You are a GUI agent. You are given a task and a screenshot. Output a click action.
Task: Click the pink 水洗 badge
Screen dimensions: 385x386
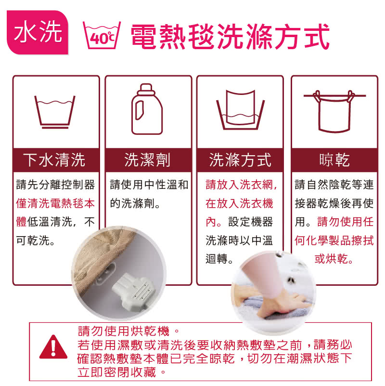tap(38, 32)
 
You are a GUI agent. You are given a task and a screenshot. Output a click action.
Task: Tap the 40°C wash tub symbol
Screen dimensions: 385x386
tap(102, 35)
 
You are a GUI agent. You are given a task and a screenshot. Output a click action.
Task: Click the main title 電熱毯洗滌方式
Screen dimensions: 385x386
tap(230, 37)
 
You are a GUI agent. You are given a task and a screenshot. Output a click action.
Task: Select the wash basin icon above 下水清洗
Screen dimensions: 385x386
tap(55, 112)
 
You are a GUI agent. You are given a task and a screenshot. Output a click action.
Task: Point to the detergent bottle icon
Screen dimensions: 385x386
tap(147, 109)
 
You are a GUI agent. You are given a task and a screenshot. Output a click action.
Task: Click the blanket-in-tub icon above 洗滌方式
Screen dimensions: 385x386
tap(240, 110)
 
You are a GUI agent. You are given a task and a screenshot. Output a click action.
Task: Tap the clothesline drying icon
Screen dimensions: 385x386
tap(334, 111)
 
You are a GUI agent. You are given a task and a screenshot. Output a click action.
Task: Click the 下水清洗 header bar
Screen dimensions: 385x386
tap(56, 160)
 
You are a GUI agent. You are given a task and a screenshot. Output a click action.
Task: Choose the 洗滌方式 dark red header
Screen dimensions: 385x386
tap(240, 160)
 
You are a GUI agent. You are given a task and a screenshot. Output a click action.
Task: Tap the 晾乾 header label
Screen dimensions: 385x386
tap(334, 160)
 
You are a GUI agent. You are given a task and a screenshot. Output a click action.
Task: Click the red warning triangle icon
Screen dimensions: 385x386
tap(53, 346)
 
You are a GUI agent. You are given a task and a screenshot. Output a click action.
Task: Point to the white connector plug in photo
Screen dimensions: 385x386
tap(134, 291)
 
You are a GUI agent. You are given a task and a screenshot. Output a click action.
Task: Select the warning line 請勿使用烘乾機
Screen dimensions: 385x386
tap(128, 331)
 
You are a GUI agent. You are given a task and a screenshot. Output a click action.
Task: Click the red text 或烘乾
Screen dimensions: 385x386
tap(334, 259)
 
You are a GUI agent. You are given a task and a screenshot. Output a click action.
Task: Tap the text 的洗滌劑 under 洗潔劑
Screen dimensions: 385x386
tap(135, 203)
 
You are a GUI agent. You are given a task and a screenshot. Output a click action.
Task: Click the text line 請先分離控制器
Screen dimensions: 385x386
tap(55, 185)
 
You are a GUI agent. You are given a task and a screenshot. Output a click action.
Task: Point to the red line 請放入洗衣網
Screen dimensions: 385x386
tap(241, 185)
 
